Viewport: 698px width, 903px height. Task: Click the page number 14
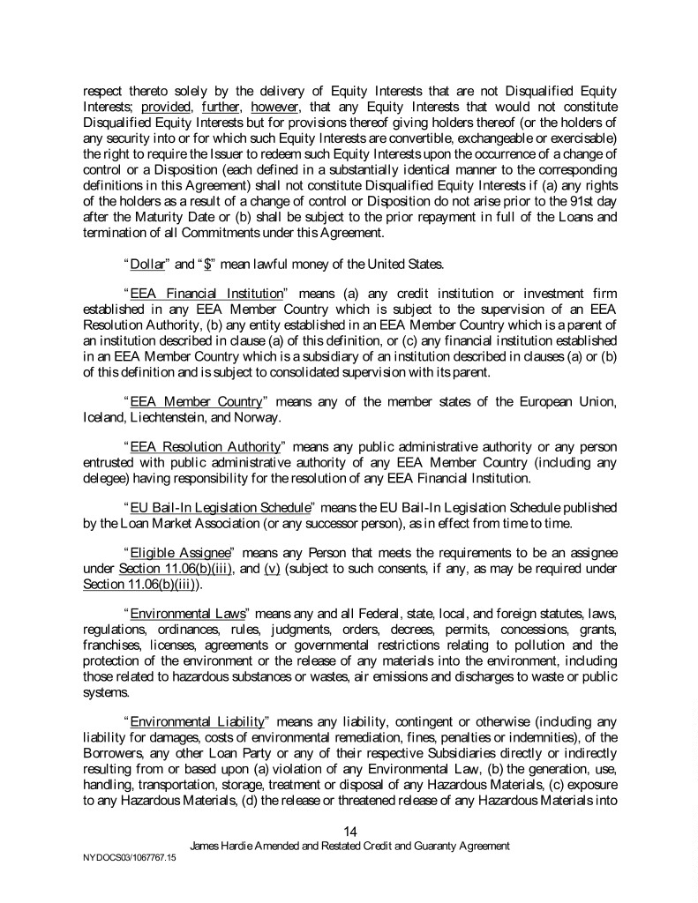pos(349,830)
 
